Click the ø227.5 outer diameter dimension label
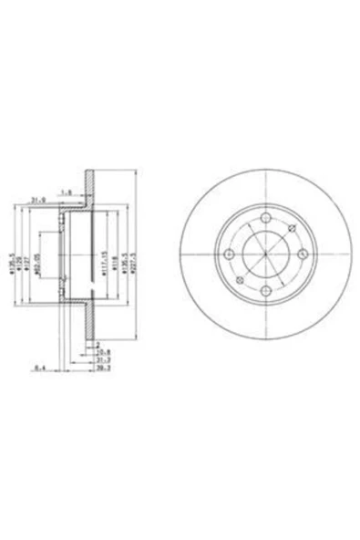tap(133, 260)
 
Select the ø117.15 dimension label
tap(104, 260)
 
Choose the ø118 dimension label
tap(114, 260)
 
